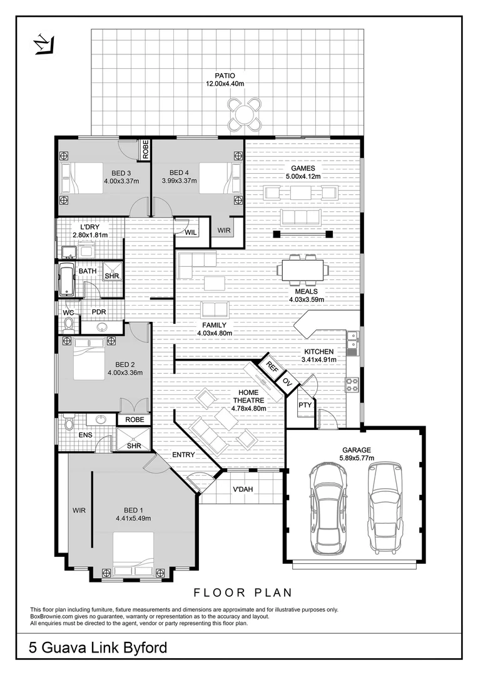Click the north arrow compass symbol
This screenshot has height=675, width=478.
[x=42, y=44]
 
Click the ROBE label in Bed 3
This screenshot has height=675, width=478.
[x=145, y=150]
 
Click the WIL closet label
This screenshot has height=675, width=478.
[x=190, y=232]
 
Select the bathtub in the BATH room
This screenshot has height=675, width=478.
[x=66, y=279]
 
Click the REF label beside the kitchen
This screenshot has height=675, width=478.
[x=272, y=367]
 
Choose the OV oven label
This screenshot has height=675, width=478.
[x=287, y=381]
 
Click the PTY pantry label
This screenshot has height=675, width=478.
[x=305, y=405]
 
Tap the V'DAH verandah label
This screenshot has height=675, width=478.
[x=243, y=489]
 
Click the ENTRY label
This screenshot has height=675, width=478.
[x=183, y=454]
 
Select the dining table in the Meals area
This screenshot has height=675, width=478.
[x=303, y=270]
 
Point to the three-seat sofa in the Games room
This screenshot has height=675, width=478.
[x=301, y=217]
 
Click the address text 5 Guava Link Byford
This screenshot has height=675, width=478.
[x=99, y=647]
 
